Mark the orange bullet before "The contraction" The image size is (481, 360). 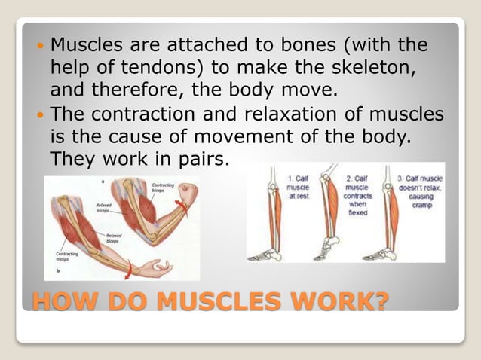click(41, 117)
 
